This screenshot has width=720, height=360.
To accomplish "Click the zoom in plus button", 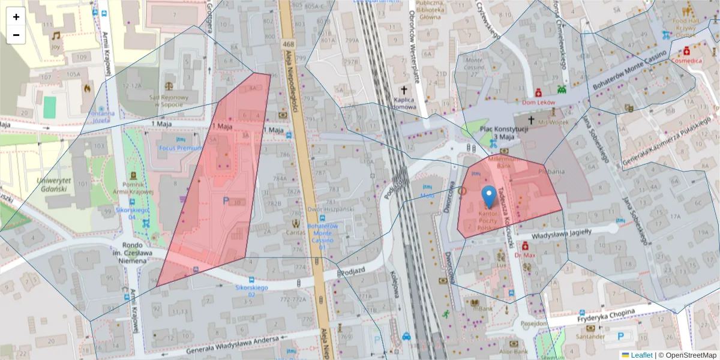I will tap(16, 17).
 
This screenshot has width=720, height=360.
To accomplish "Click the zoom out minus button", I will tap(16, 35).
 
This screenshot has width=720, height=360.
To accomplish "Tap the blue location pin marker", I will tap(489, 197).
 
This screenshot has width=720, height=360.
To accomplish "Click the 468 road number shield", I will tap(289, 44).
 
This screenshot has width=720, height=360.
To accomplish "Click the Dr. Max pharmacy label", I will tap(526, 255).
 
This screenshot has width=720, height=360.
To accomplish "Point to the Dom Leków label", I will tap(538, 103).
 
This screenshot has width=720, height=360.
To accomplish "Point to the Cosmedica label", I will tap(687, 61).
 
